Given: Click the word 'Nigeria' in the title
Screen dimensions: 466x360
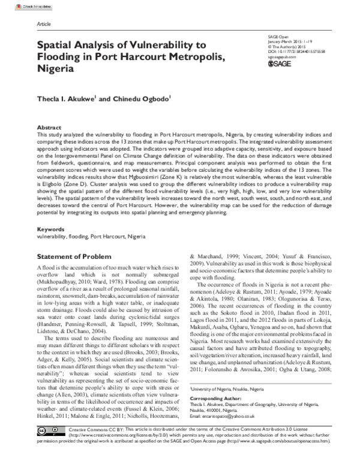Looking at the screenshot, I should (56, 68).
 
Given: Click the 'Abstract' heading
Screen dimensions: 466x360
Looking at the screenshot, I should (49, 128).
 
